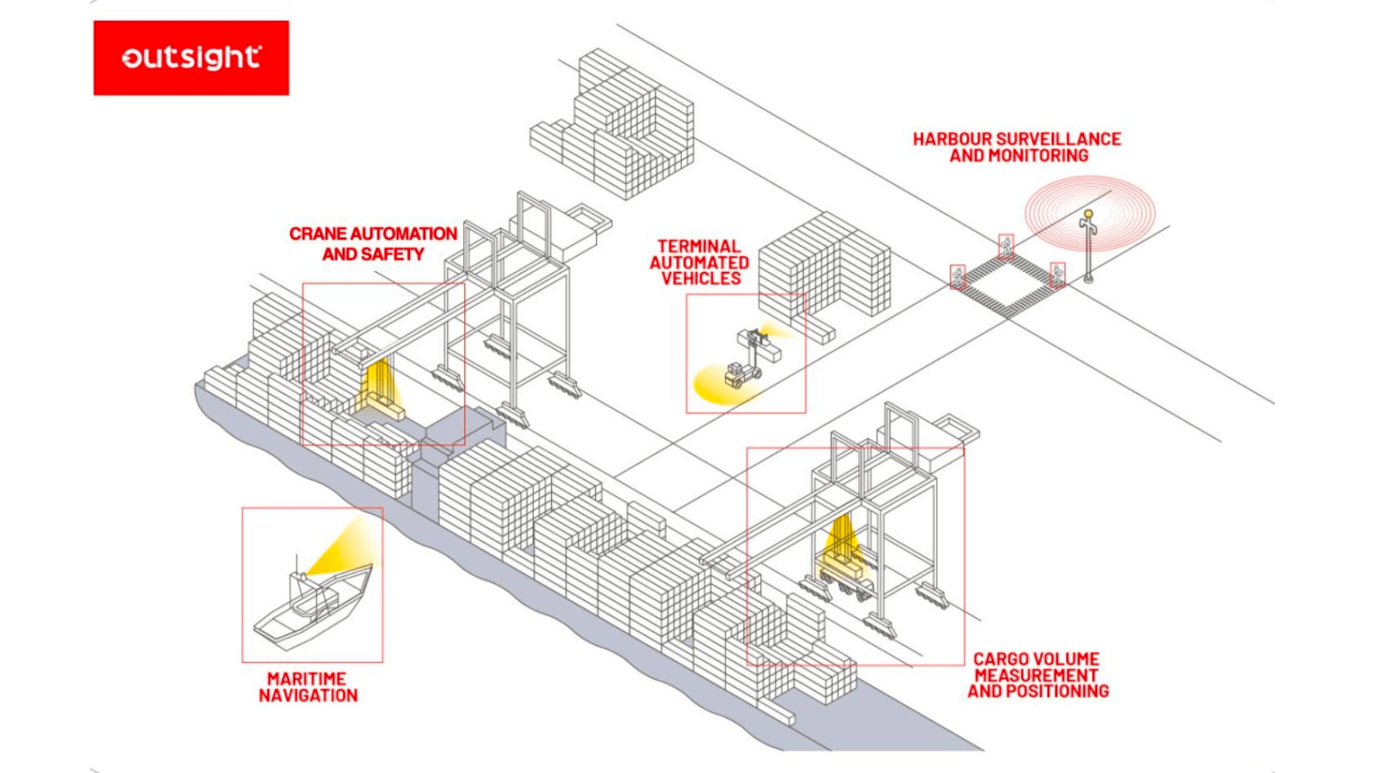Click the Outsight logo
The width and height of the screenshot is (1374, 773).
(x=191, y=58)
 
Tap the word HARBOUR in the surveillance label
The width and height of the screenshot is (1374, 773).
(x=952, y=139)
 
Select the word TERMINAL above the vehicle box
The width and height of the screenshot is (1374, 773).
(x=698, y=246)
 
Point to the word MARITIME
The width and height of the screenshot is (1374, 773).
(x=306, y=679)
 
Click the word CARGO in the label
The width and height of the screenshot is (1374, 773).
(x=1000, y=659)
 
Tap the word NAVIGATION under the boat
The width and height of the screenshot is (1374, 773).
(x=308, y=696)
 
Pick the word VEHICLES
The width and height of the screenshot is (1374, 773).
(x=701, y=278)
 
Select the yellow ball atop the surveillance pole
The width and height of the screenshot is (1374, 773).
(x=1088, y=213)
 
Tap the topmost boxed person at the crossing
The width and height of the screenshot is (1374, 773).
(x=1006, y=246)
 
